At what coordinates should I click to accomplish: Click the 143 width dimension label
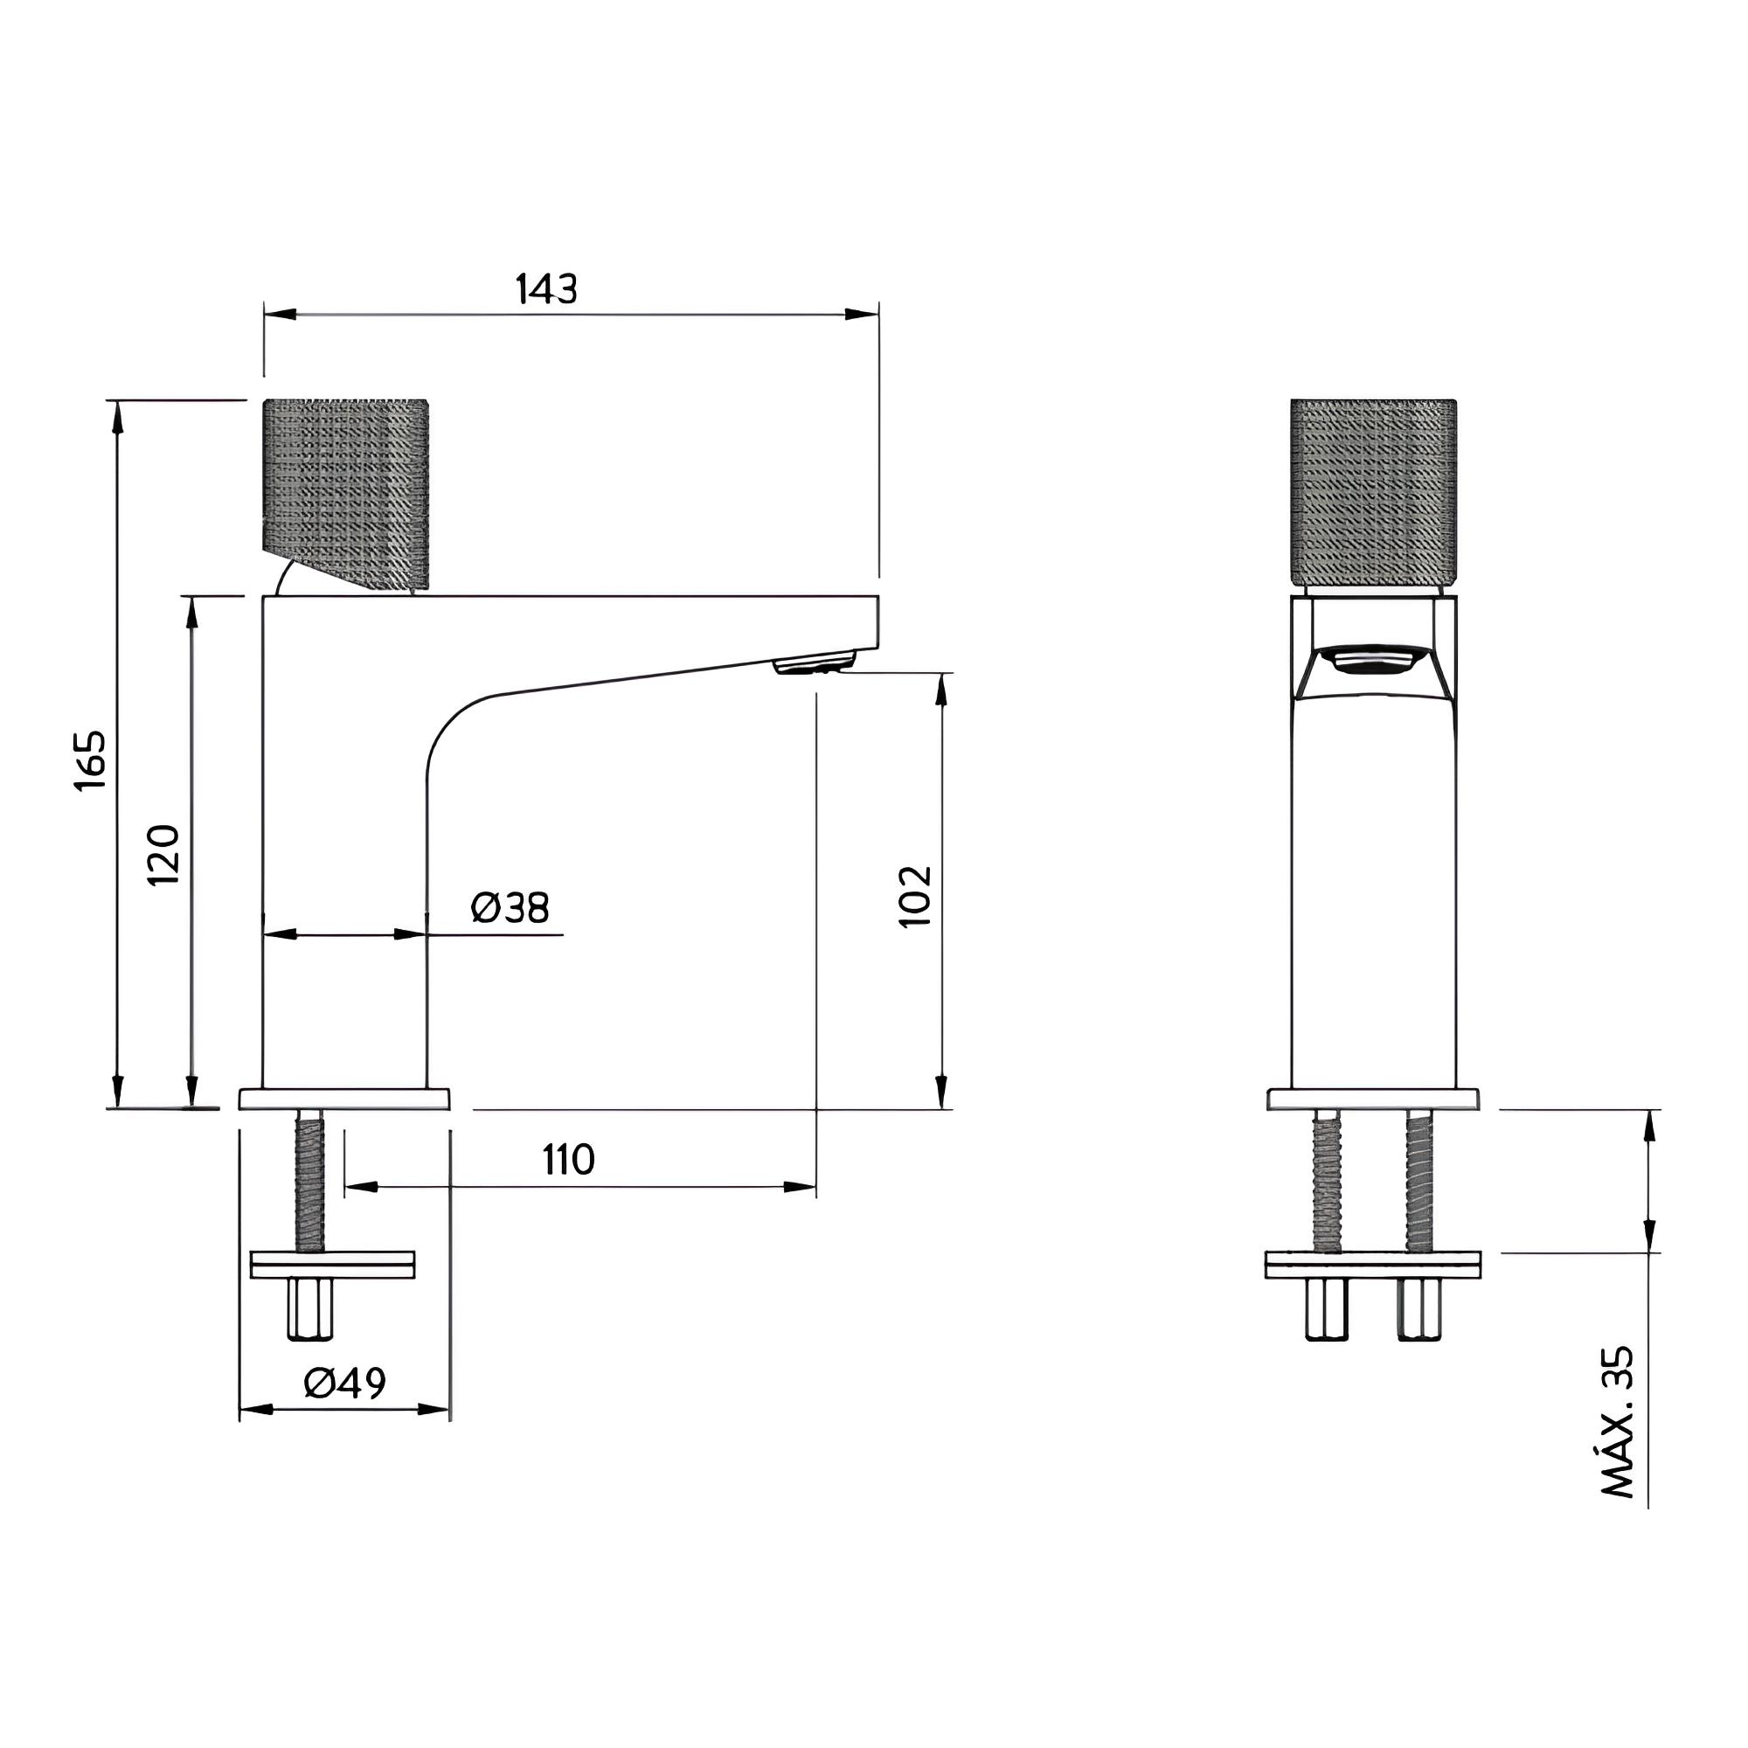[546, 288]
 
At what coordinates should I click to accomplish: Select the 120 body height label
[163, 854]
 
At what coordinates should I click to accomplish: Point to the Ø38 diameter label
[510, 907]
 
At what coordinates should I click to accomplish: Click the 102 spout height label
[915, 896]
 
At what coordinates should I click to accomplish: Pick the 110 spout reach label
[569, 1159]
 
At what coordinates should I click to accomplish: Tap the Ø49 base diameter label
[344, 1383]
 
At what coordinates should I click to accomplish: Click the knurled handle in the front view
[1373, 492]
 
